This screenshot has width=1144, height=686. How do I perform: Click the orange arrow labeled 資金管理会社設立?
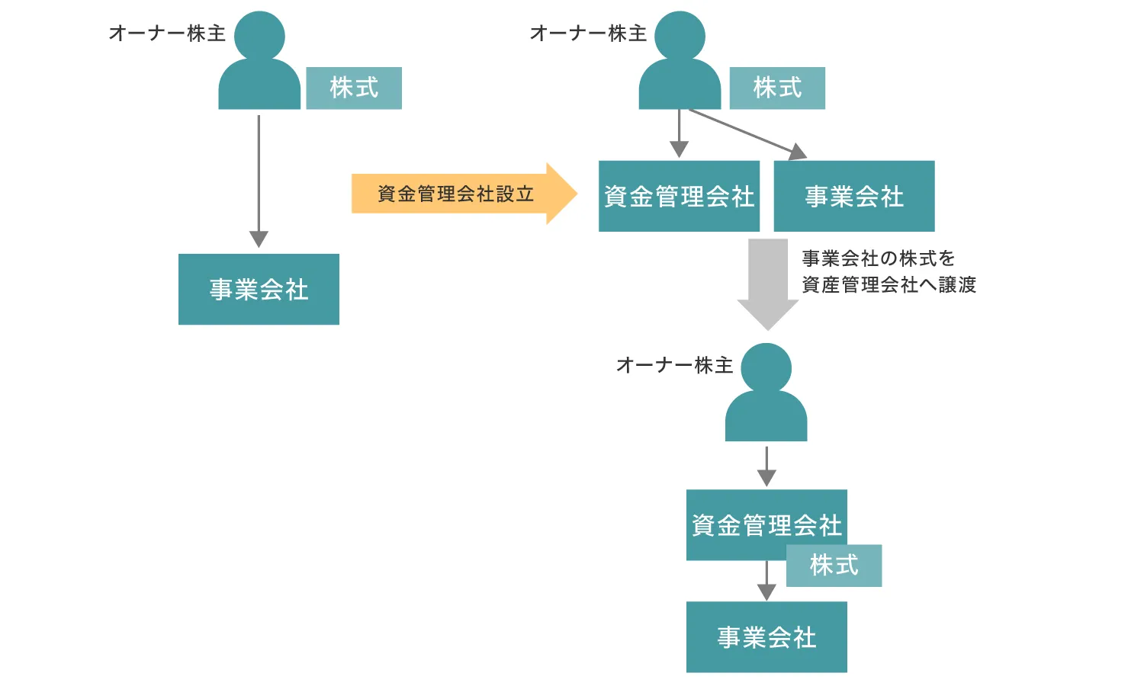464,194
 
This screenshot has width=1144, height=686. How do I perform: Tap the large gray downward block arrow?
767,284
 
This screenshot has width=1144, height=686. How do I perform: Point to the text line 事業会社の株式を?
879,259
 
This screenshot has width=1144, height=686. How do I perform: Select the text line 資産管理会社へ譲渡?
889,285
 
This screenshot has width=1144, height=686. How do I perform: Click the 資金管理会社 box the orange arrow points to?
679,196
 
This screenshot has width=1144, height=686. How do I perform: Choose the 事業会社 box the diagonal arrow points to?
854,196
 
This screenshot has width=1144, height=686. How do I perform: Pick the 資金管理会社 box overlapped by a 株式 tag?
766,524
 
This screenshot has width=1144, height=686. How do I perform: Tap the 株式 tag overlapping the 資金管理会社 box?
834,566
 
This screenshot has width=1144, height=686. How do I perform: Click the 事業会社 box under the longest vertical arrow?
259,289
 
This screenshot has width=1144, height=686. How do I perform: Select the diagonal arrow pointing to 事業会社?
748,134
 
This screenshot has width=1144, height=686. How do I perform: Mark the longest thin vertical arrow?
259,181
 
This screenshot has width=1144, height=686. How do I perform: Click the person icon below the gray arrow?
766,392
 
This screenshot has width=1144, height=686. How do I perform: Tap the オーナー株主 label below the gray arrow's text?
675,365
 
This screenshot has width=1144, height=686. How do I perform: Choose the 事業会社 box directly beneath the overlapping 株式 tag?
766,637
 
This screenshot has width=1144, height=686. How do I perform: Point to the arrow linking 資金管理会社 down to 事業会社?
766,581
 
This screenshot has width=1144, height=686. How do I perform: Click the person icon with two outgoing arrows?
680,60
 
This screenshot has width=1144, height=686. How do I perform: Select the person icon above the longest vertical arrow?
259,60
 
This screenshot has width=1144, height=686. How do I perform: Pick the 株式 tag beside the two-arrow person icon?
777,88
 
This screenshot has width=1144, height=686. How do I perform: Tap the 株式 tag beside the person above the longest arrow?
354,88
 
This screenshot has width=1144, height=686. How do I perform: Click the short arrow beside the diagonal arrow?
679,133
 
